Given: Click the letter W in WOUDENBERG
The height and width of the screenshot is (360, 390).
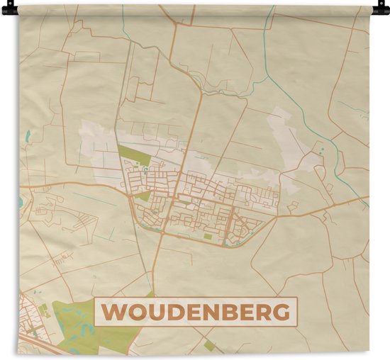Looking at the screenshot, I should (x=113, y=312).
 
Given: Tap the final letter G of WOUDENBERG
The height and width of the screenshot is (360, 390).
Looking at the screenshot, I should (x=281, y=312).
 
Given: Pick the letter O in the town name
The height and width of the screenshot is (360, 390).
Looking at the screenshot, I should (x=132, y=312).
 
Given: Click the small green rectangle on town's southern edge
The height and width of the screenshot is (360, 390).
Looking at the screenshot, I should (x=207, y=237).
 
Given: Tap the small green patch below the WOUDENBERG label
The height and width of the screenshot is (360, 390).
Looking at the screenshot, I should (x=208, y=345).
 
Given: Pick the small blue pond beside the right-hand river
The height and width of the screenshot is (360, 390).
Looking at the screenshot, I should (x=322, y=150).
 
